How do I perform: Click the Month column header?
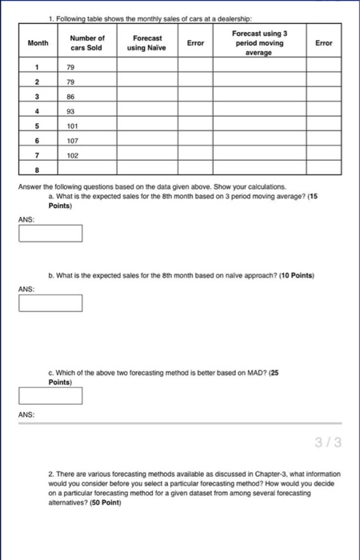(38, 42)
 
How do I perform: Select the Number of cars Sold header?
(87, 42)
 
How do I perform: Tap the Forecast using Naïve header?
(147, 42)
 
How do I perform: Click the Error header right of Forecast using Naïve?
(195, 42)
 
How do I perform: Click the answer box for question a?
(51, 233)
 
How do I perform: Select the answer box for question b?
(51, 303)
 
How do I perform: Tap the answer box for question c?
(51, 395)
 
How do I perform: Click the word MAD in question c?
(247, 374)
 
